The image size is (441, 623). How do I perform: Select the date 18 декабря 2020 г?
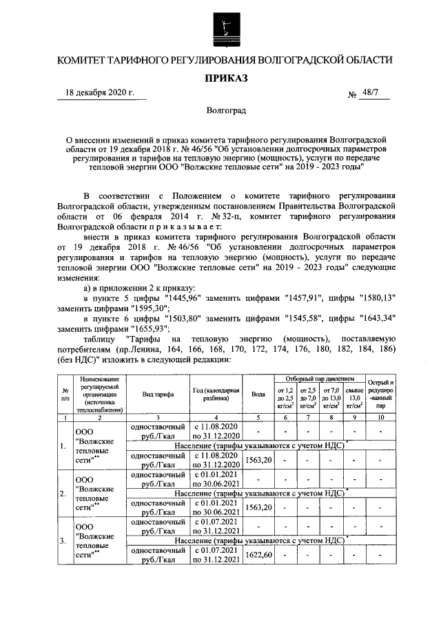pos(95,92)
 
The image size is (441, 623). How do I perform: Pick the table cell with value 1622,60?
pos(259,556)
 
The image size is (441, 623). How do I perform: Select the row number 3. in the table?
pos(63,540)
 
